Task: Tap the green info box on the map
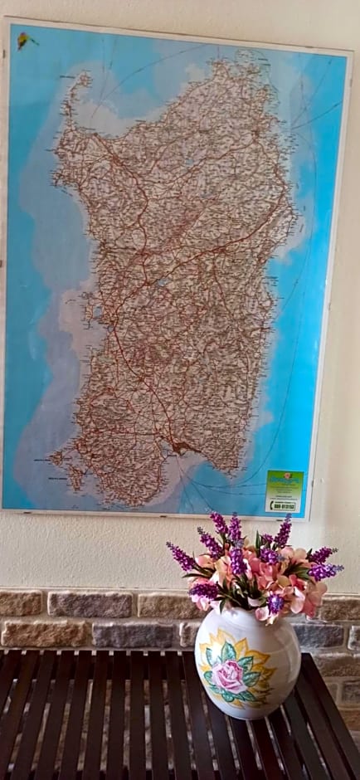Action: [285, 485]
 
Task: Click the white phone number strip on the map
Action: [284, 505]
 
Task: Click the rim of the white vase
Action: [246, 616]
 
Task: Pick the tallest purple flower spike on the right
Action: [284, 531]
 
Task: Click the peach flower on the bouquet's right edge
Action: [314, 602]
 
